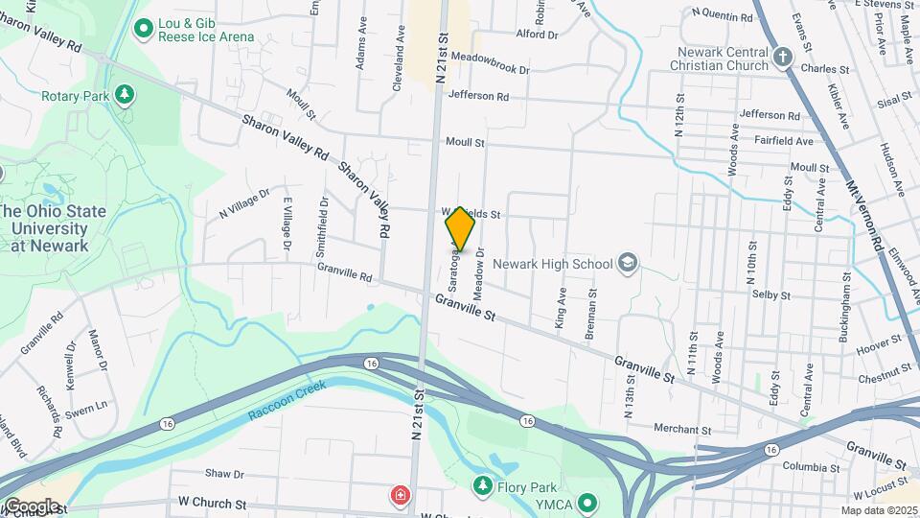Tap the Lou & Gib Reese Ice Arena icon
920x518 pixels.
144,28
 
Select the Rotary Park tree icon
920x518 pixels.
123,95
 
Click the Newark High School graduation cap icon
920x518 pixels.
627,263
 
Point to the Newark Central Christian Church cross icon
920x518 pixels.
783,57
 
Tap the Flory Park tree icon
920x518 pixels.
483,486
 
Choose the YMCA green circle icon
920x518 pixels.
589,502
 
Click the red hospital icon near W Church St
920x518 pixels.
399,496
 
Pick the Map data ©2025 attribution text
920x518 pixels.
879,510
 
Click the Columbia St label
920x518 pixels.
810,467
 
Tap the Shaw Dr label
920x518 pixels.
225,474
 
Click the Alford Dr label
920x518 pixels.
537,35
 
